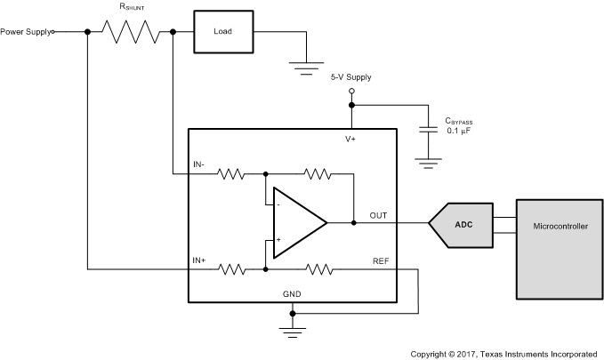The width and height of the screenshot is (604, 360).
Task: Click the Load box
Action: coord(223,31)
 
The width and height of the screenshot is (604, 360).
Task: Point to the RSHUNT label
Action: coord(132,8)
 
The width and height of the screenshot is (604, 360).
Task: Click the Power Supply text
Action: coord(25,32)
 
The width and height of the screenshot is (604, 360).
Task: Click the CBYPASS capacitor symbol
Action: coord(429,130)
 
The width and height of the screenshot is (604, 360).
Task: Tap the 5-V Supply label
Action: coord(350,77)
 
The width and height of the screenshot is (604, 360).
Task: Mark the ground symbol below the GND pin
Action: coord(293,332)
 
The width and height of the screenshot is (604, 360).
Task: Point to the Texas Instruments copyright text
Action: coord(504,353)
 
